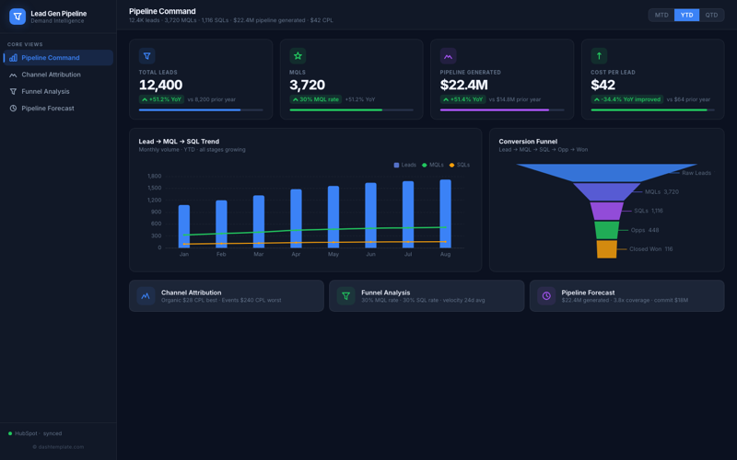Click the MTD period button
tap(661, 15)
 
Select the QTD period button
tap(711, 15)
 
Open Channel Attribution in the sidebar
tap(51, 75)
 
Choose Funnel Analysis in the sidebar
tap(45, 91)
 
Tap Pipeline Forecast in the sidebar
tap(48, 109)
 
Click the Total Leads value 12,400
tap(160, 86)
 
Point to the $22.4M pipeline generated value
tap(470, 86)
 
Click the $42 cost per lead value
tap(602, 86)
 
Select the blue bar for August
tap(446, 213)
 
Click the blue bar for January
tap(184, 226)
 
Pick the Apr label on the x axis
tap(296, 254)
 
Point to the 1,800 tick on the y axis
tap(154, 176)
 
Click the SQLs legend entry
tap(460, 165)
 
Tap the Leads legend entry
tap(405, 165)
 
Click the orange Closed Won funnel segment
tap(606, 248)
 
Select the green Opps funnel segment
tap(606, 230)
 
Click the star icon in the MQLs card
tap(298, 56)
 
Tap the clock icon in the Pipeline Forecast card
tap(546, 296)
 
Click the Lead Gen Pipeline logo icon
tap(17, 17)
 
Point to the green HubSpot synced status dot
tap(10, 433)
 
